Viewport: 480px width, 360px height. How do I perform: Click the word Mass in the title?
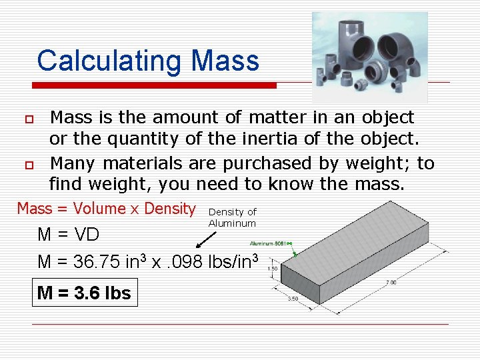point(225,61)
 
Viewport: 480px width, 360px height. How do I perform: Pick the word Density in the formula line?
point(170,209)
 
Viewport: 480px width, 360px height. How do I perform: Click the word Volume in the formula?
point(99,209)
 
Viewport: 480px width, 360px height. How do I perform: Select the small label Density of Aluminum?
point(232,217)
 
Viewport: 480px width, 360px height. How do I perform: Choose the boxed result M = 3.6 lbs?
point(85,292)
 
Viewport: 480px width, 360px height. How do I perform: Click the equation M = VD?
point(69,235)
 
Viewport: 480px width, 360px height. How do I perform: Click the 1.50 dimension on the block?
point(272,269)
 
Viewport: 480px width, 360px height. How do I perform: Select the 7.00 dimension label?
point(391,283)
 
